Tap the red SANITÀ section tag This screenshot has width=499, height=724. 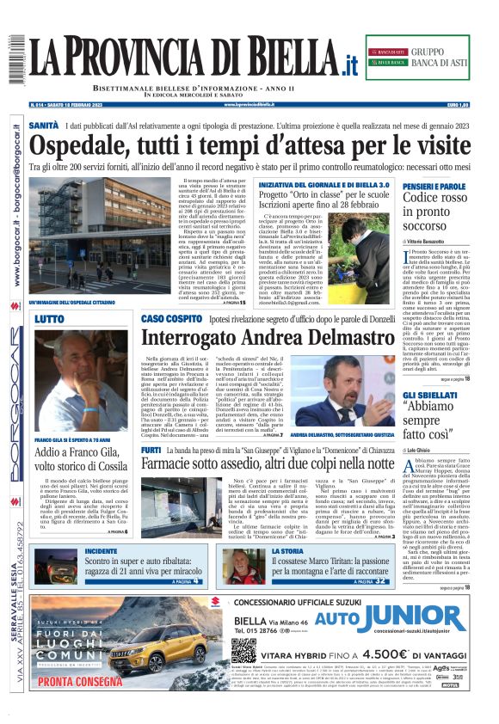[x=44, y=126]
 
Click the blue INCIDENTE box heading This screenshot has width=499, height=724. [x=102, y=551]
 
